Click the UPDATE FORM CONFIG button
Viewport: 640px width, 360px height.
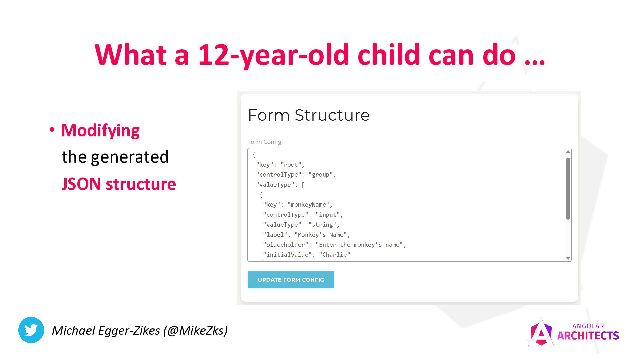[x=291, y=280]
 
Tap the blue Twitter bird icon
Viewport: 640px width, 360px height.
[x=31, y=330]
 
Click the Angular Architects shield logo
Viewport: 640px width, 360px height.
[x=541, y=332]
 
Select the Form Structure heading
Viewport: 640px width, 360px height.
[x=309, y=115]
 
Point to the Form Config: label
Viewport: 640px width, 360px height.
[x=265, y=142]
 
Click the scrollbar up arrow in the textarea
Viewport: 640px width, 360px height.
[x=568, y=152]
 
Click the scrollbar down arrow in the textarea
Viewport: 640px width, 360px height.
[x=568, y=258]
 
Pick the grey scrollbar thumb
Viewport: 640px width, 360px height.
[x=568, y=189]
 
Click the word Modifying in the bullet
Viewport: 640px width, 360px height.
[x=100, y=130]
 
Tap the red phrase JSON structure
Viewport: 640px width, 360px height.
[x=119, y=184]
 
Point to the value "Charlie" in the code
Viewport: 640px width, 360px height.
[x=334, y=255]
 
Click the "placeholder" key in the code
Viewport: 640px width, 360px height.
[x=285, y=245]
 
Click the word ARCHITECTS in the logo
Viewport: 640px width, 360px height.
[x=588, y=335]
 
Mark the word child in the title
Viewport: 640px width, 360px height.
[x=389, y=55]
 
